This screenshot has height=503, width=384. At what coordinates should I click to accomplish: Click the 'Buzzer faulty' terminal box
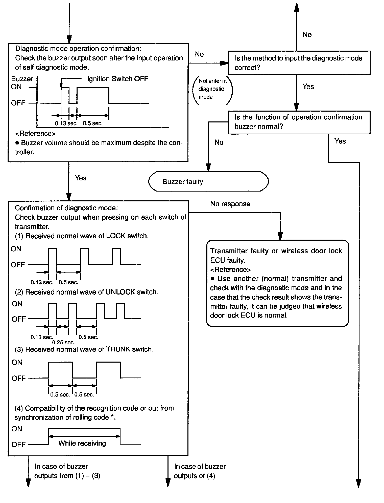[208, 182]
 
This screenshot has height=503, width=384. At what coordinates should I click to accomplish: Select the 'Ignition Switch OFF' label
[117, 79]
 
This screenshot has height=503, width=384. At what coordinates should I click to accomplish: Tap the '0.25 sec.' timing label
[63, 343]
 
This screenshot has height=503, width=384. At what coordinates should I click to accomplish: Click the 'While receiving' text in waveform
[82, 443]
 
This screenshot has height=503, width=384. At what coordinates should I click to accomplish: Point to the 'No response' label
[230, 204]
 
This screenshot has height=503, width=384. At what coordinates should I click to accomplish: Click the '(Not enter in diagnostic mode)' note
[212, 89]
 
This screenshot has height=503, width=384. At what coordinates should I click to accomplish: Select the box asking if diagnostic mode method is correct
[299, 63]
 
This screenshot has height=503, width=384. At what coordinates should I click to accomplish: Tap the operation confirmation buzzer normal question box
[299, 122]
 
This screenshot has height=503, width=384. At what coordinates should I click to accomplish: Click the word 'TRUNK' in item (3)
[118, 349]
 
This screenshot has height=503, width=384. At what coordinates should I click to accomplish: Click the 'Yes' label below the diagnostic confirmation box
[81, 178]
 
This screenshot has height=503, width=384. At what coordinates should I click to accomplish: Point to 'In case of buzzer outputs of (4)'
[200, 471]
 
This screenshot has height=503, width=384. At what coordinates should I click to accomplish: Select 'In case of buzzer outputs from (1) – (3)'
[67, 471]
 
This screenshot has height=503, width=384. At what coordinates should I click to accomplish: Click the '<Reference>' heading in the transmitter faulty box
[230, 269]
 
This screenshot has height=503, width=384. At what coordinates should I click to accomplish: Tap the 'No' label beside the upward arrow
[307, 35]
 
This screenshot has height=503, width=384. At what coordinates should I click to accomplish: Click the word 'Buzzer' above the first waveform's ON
[22, 79]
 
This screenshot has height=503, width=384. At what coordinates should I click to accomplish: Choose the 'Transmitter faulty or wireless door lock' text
[276, 251]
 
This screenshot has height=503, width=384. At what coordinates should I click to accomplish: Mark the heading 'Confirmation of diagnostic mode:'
[66, 208]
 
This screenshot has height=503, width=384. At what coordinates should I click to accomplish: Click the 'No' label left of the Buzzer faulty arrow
[219, 142]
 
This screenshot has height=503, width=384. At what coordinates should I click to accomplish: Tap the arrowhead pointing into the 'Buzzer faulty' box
[208, 168]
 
